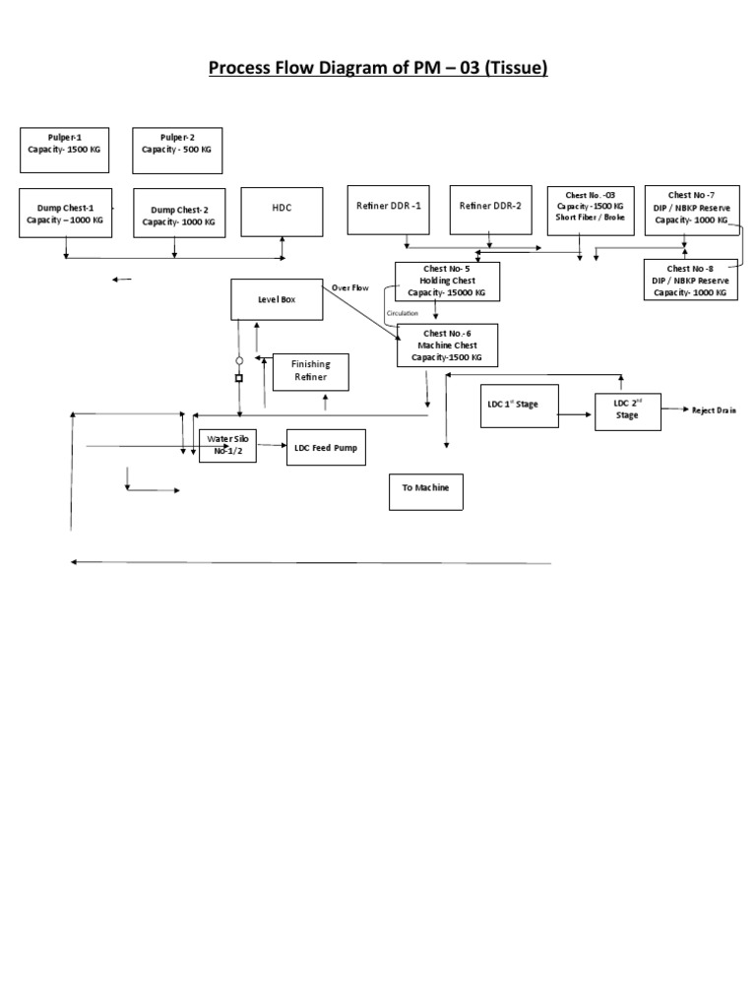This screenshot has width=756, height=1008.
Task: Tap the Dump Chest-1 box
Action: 65,213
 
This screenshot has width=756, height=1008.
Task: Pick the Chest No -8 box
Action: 690,280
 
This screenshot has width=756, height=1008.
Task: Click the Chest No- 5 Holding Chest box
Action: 447,281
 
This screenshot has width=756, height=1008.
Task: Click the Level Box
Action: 277,299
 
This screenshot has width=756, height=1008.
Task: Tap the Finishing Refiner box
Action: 310,370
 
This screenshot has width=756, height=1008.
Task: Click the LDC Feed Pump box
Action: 326,447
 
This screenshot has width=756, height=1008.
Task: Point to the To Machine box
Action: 425,489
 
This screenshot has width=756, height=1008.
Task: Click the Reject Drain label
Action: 713,410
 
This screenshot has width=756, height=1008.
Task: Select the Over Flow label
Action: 349,288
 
